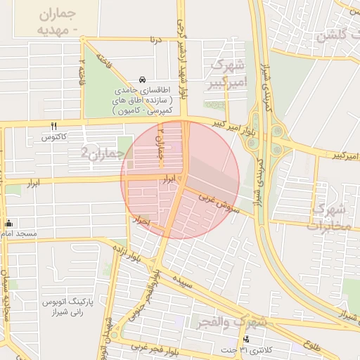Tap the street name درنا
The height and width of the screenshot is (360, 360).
(155, 40)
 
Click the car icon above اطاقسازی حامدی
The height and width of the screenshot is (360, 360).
(143, 79)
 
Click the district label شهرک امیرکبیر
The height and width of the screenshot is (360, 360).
(227, 75)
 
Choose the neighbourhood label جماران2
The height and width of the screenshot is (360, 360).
(103, 152)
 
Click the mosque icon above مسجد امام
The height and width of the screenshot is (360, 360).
(8, 223)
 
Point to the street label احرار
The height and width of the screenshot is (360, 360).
(143, 221)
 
